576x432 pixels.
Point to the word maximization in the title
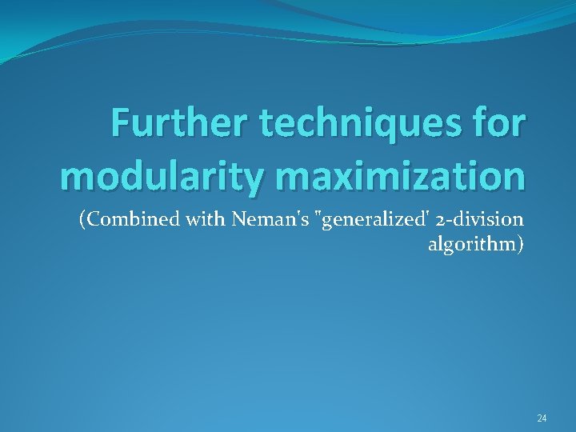pyautogui.click(x=406, y=177)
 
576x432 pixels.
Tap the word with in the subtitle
pyautogui.click(x=206, y=220)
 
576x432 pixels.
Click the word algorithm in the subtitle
pyautogui.click(x=472, y=244)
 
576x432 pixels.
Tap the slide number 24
pyautogui.click(x=542, y=418)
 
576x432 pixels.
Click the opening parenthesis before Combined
pyautogui.click(x=82, y=221)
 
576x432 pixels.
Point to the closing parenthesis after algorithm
pyautogui.click(x=522, y=245)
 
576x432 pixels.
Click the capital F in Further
pyautogui.click(x=119, y=124)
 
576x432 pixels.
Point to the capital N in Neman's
pyautogui.click(x=238, y=220)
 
